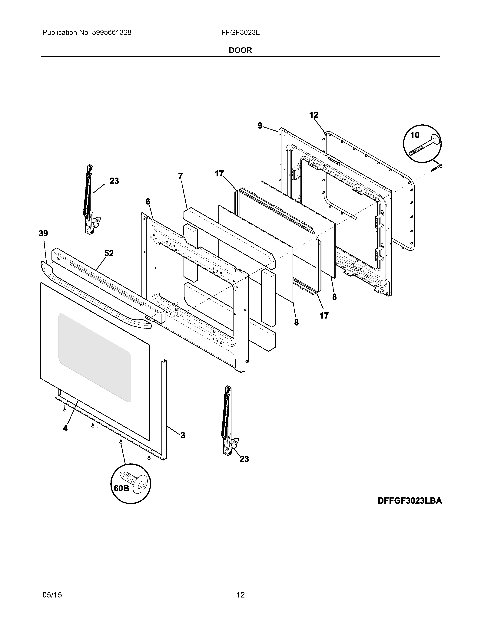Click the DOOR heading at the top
(x=240, y=50)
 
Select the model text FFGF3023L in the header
(x=240, y=33)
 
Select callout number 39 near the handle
(x=43, y=234)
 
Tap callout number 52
(x=109, y=253)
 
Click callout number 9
(x=260, y=126)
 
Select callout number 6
(x=148, y=202)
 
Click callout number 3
(x=183, y=435)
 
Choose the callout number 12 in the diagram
(x=314, y=115)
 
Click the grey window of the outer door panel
(x=95, y=357)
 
